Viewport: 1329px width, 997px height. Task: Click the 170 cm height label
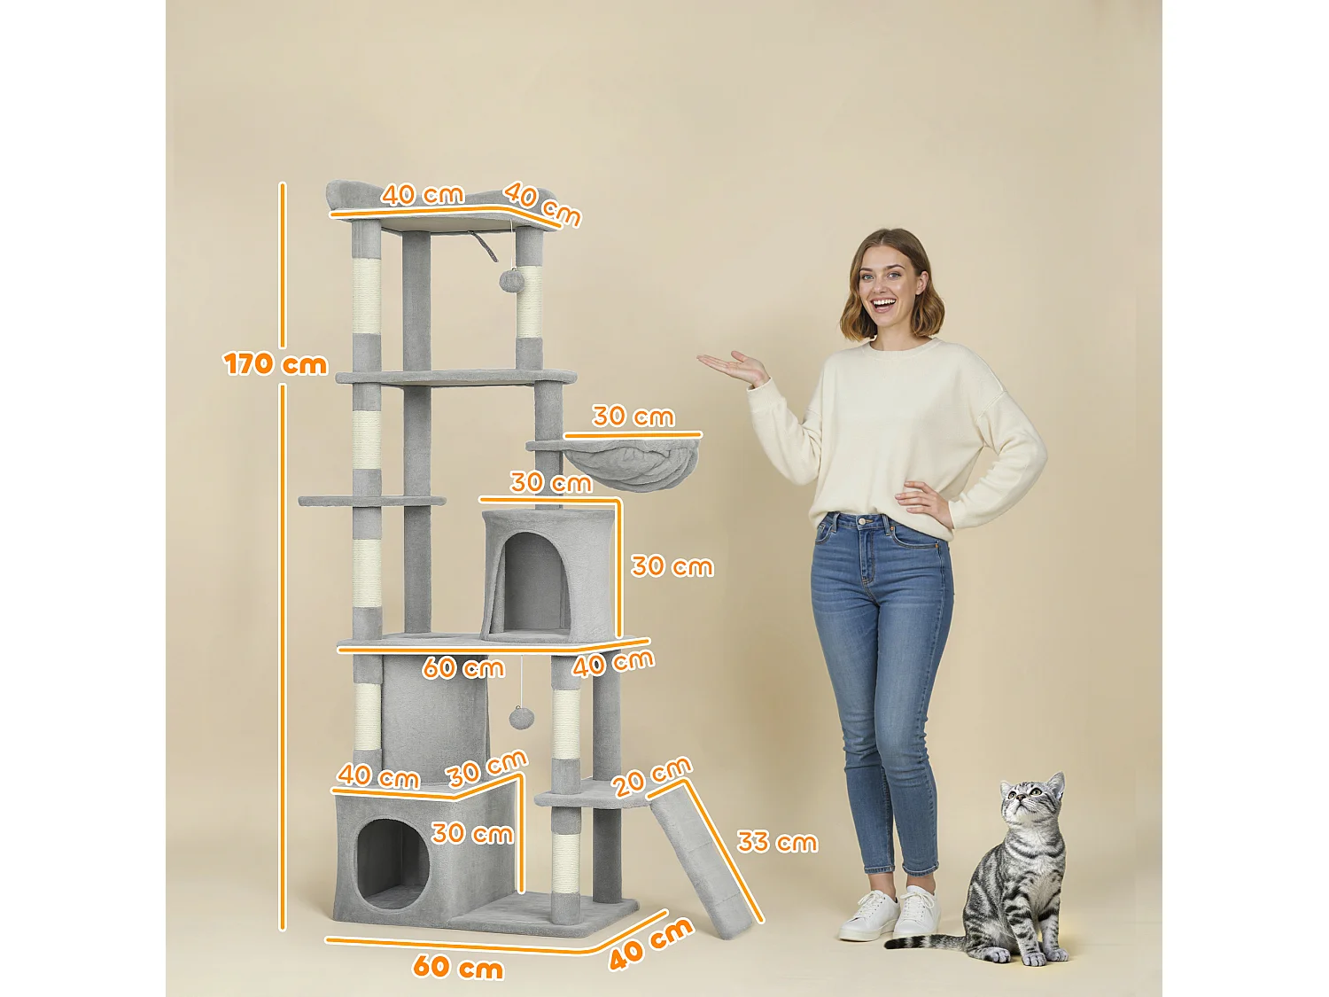(x=275, y=364)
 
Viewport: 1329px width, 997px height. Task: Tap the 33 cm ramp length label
(x=777, y=842)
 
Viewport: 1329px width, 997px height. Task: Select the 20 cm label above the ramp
(x=652, y=776)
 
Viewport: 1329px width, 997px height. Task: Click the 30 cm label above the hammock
(x=633, y=416)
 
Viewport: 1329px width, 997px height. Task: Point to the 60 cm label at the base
(x=458, y=966)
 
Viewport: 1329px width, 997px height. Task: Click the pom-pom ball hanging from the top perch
(x=511, y=281)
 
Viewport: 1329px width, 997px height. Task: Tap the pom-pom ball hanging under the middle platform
(x=520, y=717)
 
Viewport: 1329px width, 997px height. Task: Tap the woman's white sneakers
(x=889, y=915)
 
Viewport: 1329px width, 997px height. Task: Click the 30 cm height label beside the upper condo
(x=672, y=566)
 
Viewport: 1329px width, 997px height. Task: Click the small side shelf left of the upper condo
(x=372, y=501)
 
